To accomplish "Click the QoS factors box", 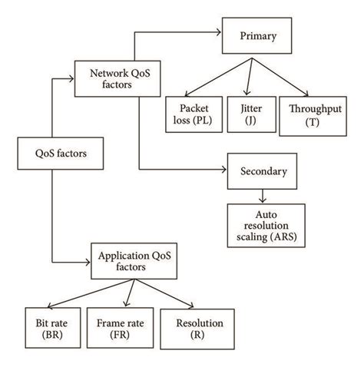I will coord(50,153).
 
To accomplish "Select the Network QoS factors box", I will coord(108,79).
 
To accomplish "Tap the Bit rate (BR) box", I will coord(48,329).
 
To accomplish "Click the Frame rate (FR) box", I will coord(116,329).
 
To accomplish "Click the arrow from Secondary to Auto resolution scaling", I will coord(263,196).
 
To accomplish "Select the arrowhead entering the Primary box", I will coord(220,33).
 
